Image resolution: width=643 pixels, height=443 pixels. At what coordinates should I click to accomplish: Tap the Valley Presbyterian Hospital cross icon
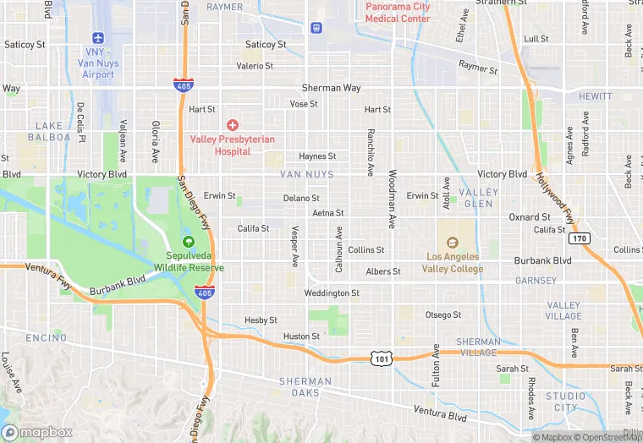(233, 124)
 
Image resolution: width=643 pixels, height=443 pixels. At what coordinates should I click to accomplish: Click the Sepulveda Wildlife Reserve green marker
(188, 243)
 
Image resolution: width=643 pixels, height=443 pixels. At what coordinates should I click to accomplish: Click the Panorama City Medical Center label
(398, 13)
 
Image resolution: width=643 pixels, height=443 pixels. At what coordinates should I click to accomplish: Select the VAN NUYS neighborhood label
(305, 175)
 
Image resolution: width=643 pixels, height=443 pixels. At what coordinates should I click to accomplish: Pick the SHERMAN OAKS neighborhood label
(300, 387)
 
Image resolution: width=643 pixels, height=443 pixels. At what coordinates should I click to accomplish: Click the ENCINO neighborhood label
(46, 338)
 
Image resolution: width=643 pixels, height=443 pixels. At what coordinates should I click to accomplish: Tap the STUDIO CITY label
(564, 402)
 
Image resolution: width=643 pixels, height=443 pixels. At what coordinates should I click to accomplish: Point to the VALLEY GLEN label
(478, 198)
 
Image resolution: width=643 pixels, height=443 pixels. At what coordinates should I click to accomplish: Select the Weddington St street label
(332, 293)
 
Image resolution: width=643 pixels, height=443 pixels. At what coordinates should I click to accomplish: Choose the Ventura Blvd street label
(440, 414)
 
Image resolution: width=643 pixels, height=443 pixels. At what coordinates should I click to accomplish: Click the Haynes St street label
(317, 156)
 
